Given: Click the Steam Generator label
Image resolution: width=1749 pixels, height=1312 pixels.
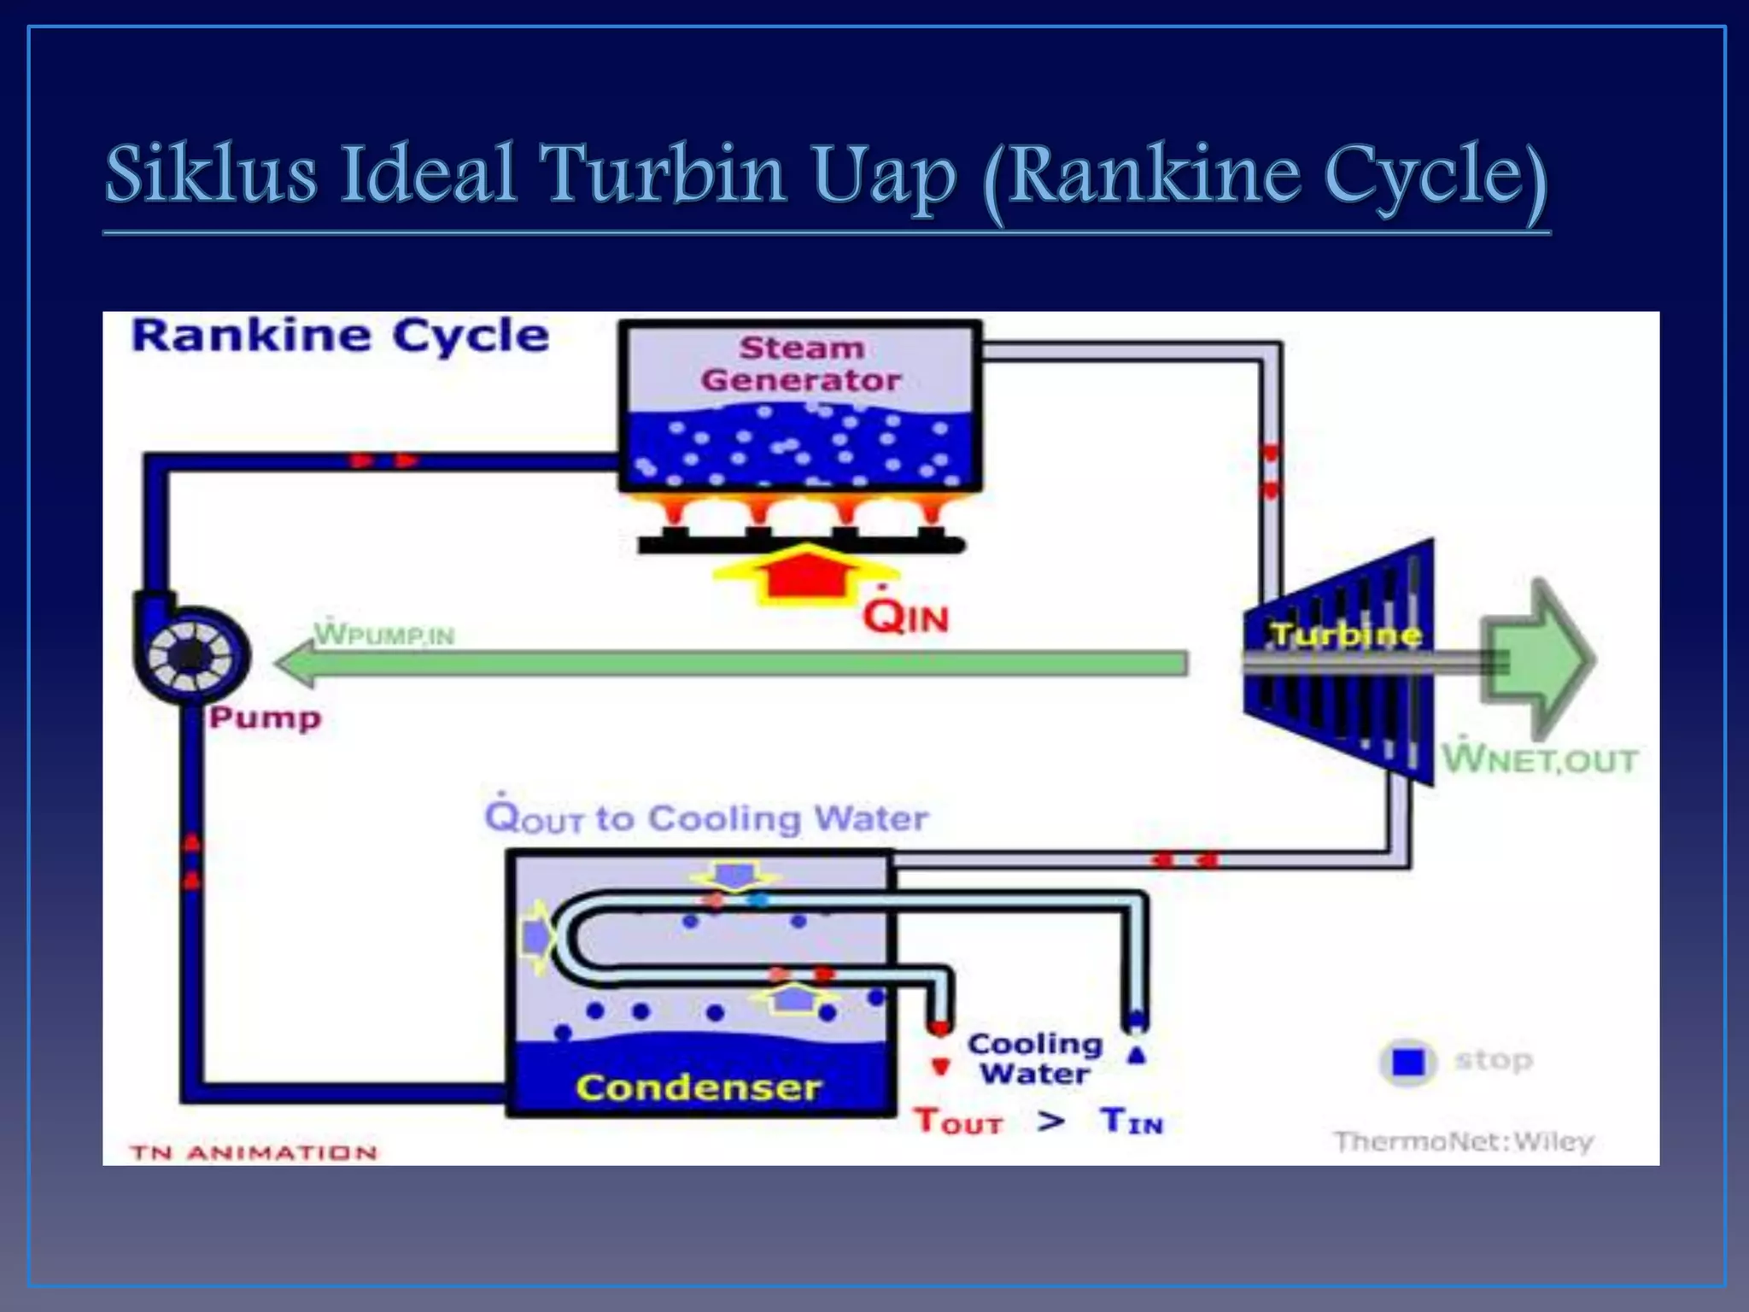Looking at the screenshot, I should click(800, 364).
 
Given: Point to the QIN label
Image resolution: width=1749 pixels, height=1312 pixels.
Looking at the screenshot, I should click(905, 615).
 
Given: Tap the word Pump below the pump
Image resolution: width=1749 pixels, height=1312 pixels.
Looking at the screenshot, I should click(266, 717).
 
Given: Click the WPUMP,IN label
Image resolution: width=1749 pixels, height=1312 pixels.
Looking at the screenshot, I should click(384, 634).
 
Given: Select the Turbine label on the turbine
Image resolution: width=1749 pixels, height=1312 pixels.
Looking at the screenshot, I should click(1346, 635).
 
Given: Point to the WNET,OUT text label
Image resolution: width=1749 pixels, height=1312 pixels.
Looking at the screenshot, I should click(1539, 759).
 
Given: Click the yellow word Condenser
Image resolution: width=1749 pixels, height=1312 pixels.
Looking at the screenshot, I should click(698, 1087).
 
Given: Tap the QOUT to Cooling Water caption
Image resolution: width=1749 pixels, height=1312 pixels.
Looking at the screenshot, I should click(705, 818).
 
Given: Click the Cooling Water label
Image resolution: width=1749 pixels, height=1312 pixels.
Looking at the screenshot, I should click(1035, 1058).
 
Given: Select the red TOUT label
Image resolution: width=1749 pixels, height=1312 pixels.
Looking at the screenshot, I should click(958, 1122).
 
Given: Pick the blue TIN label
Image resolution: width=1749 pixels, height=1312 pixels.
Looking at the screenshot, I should click(1132, 1121).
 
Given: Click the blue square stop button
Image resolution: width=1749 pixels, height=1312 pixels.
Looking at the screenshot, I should click(1408, 1063).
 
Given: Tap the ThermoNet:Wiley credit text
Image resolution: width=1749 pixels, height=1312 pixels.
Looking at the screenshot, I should click(1464, 1142).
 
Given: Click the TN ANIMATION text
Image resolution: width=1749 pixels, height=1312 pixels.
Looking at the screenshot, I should click(254, 1153).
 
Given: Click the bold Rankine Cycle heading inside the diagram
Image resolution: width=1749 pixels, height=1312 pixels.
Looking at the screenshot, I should click(340, 336).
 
